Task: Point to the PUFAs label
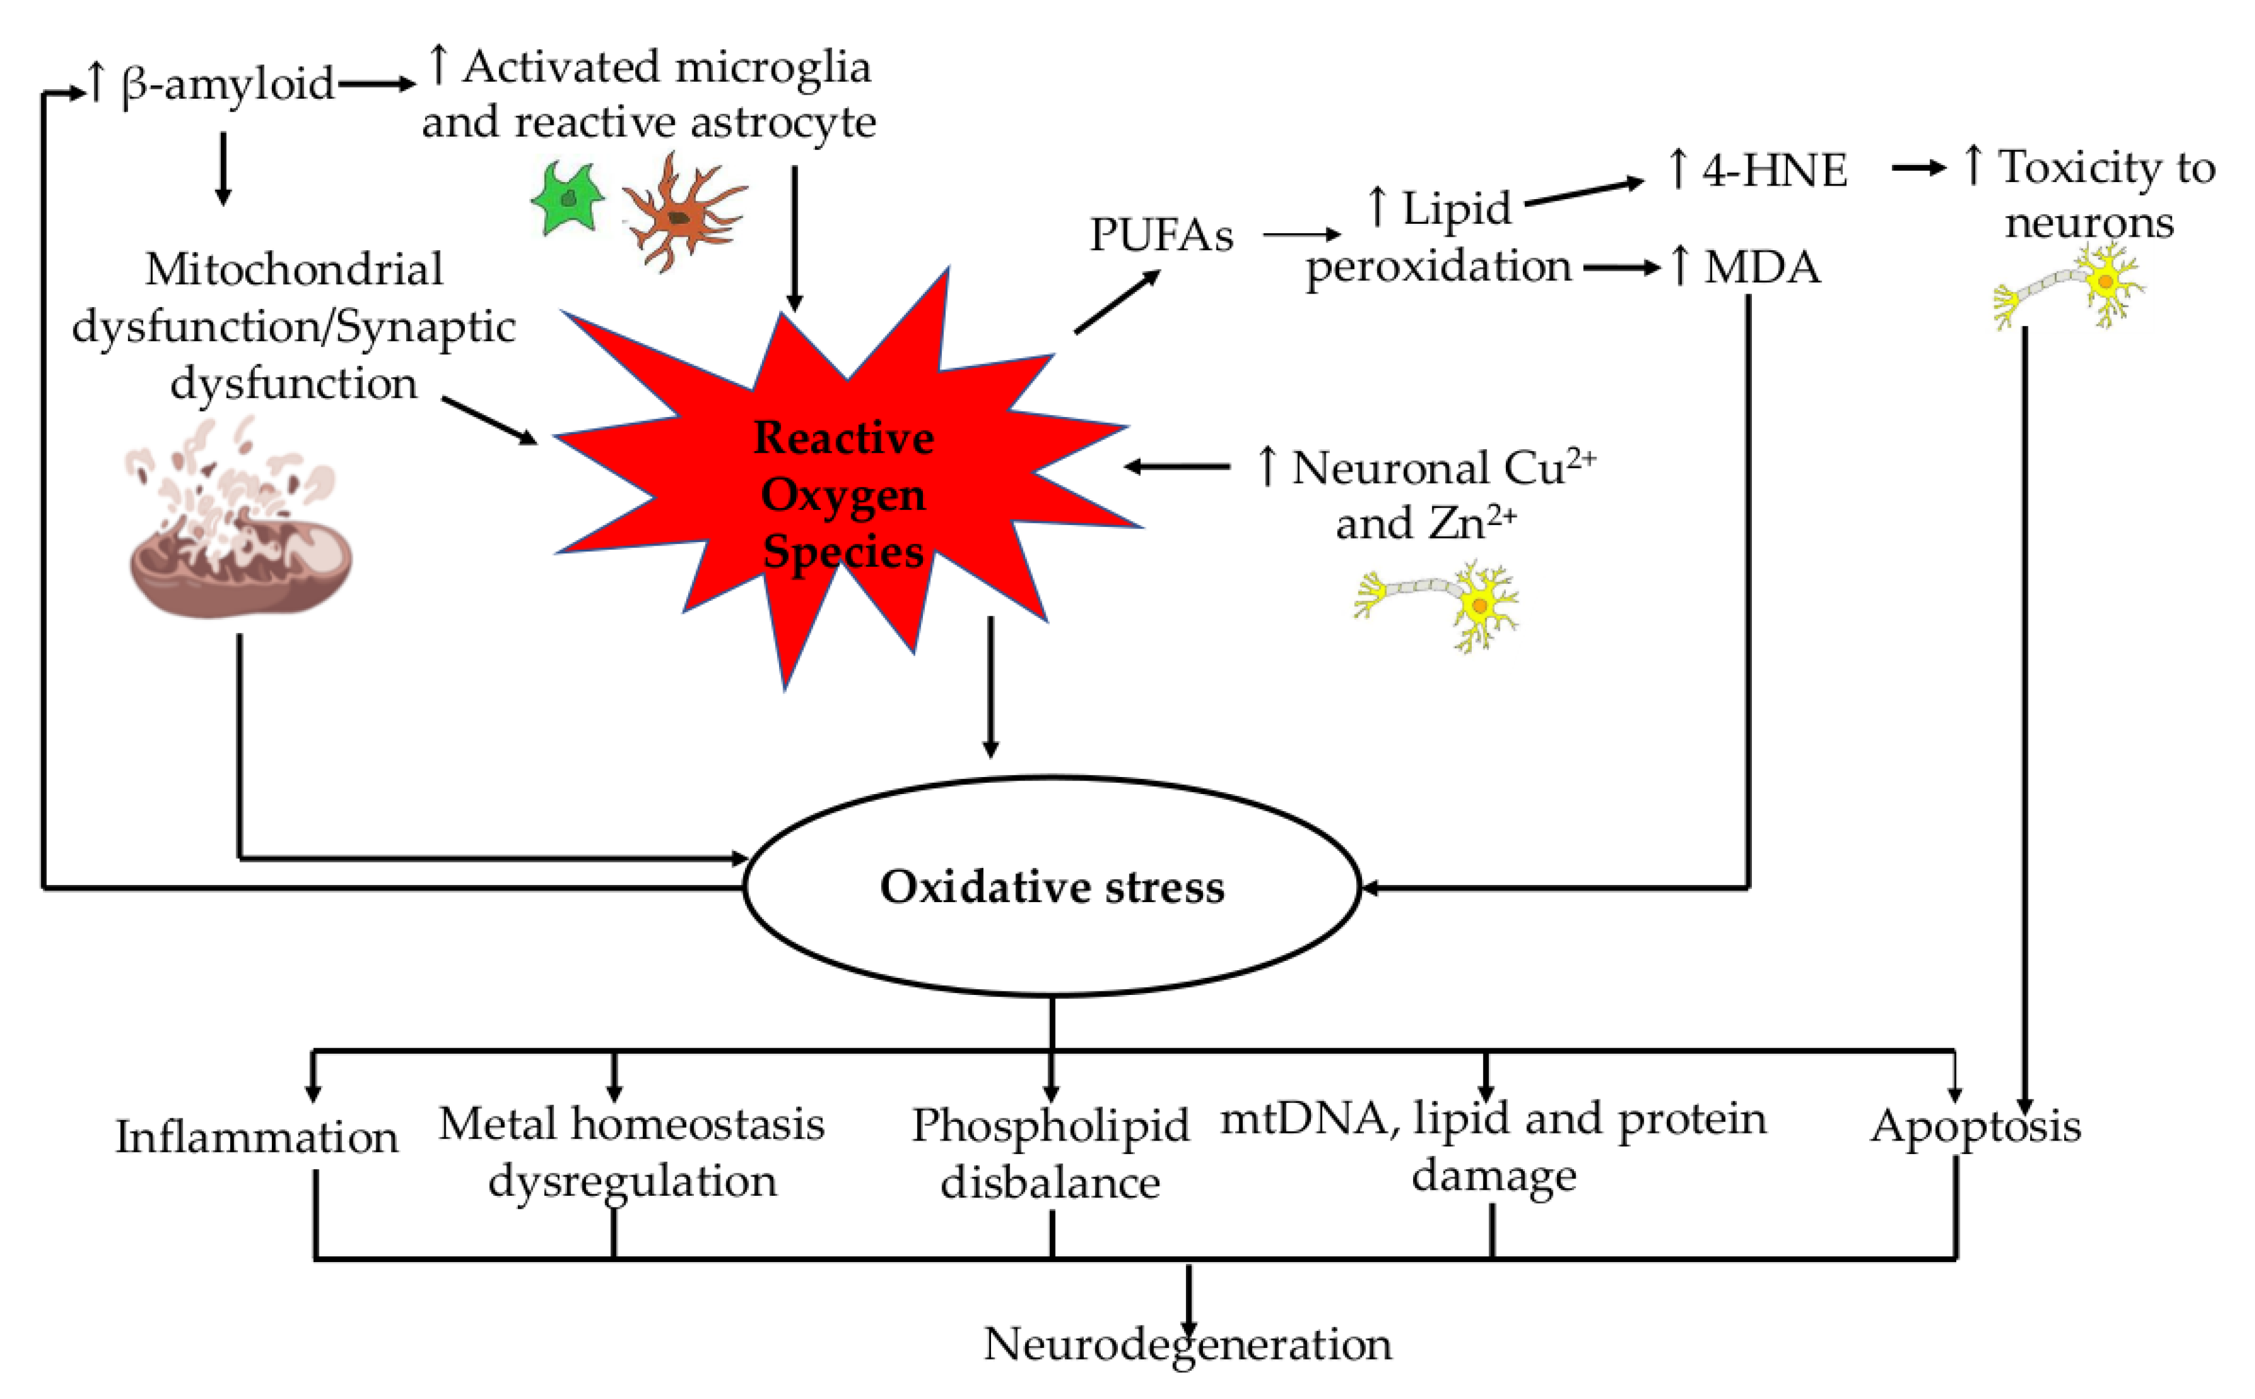coord(1161,235)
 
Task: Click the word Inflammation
coord(256,1136)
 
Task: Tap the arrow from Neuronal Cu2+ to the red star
coord(1177,466)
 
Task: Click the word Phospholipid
coord(1050,1125)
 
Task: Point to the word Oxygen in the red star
coord(842,496)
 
